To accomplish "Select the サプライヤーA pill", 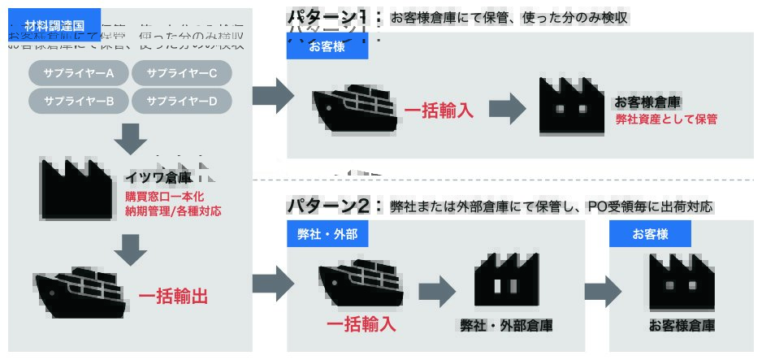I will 79,74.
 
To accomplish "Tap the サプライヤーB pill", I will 79,101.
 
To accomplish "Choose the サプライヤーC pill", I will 180,74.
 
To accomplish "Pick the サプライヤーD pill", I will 180,101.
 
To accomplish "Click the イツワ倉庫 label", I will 158,177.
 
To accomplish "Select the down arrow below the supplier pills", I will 130,139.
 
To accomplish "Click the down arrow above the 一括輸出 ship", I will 130,249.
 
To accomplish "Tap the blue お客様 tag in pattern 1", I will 327,46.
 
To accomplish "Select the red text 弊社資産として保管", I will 666,119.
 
